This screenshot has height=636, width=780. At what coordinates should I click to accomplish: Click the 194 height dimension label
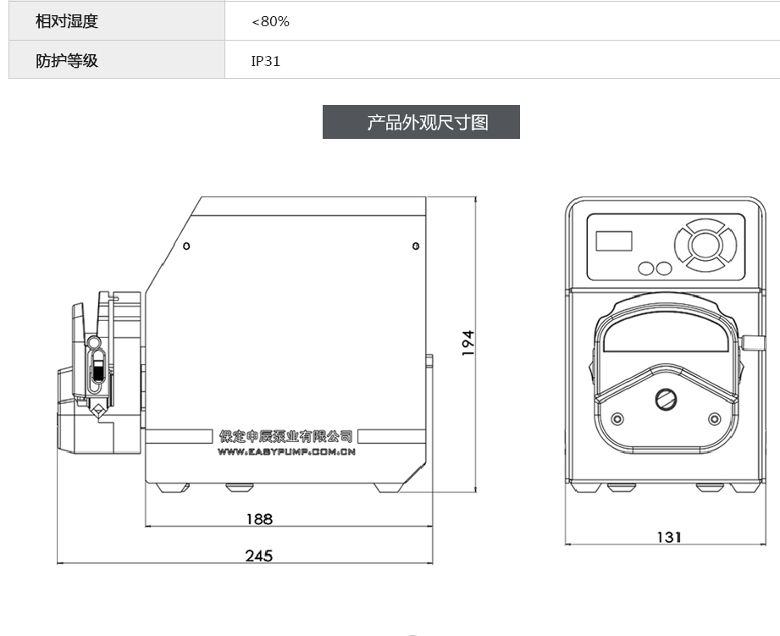(468, 343)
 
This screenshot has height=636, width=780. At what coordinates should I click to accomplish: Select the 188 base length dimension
(259, 518)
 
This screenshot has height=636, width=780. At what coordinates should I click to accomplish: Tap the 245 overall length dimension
(259, 556)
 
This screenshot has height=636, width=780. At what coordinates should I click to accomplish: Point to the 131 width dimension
(668, 536)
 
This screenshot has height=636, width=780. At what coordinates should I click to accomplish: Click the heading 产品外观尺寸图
(421, 122)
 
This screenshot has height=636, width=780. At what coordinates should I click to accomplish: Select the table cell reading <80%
(271, 21)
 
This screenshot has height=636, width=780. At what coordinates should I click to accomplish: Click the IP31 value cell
(266, 61)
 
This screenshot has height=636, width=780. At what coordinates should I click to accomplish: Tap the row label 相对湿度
(67, 21)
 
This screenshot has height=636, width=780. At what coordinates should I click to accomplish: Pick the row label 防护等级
(67, 61)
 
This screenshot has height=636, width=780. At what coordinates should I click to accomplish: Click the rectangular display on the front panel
(614, 241)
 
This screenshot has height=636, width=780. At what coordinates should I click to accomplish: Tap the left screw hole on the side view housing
(186, 246)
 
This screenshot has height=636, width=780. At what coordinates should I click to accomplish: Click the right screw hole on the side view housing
(416, 246)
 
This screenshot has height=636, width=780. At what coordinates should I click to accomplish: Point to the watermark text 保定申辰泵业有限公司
(286, 436)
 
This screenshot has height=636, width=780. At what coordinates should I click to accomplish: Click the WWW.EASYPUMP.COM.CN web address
(286, 452)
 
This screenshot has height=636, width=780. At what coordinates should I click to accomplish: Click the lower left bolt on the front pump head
(617, 419)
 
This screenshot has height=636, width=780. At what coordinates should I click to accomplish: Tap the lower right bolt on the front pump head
(714, 419)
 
